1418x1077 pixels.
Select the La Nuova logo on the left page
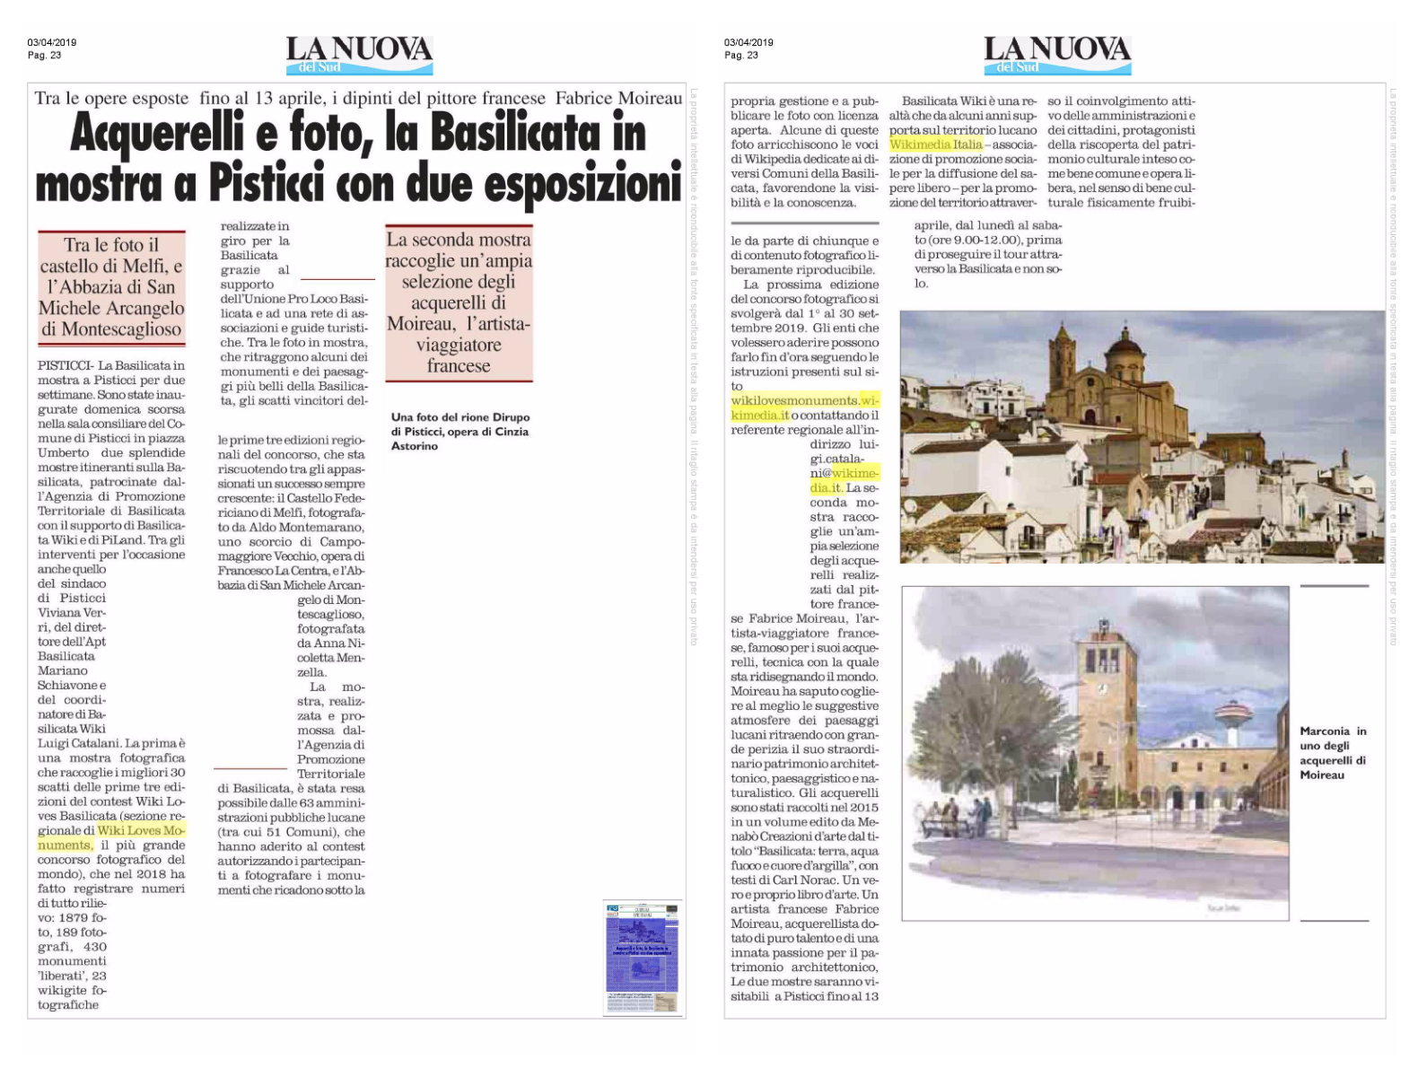359,55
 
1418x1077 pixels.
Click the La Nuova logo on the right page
1057,55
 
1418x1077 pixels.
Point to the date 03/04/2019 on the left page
51,42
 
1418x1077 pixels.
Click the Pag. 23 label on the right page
740,56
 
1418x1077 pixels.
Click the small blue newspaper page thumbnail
643,958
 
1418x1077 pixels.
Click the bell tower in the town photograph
1063,359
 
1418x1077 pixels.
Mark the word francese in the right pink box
459,366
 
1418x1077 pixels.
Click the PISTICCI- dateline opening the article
66,365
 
